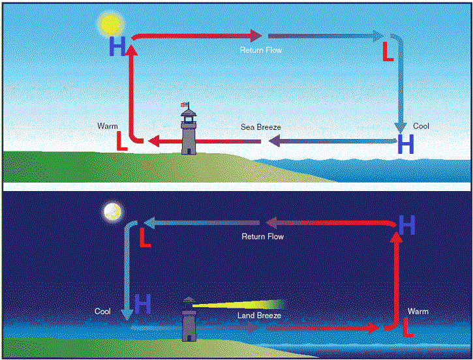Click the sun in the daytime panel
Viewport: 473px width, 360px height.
click(110, 24)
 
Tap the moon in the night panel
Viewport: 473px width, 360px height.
click(112, 211)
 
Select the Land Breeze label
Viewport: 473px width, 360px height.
click(259, 315)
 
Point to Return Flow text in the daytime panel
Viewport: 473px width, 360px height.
click(262, 50)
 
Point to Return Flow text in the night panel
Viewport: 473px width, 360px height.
click(263, 237)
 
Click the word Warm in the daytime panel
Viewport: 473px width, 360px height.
click(107, 125)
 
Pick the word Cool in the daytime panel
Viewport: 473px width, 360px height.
click(421, 126)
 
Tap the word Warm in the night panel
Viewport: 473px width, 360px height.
click(418, 312)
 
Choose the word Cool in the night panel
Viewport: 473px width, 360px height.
click(103, 312)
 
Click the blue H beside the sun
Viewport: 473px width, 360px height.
click(118, 46)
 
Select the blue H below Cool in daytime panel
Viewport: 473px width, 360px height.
click(406, 144)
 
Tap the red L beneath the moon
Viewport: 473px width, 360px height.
click(145, 239)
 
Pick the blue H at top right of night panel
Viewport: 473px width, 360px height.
click(406, 226)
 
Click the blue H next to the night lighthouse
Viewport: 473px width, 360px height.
click(143, 303)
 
